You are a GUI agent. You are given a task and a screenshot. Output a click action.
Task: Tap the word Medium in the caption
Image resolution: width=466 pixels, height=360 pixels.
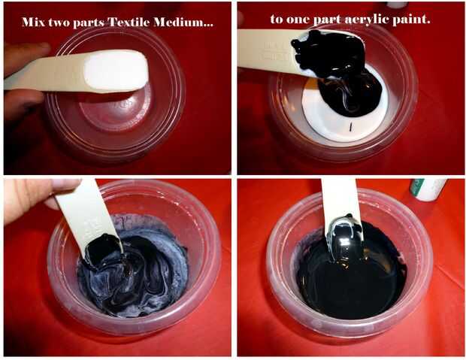click(183, 22)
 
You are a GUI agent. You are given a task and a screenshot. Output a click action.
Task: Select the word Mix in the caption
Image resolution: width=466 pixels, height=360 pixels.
click(32, 22)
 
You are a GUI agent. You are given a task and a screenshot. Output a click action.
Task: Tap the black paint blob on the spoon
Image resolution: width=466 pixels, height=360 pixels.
click(329, 53)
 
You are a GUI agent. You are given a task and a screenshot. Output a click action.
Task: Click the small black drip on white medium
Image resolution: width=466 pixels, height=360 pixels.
click(351, 126)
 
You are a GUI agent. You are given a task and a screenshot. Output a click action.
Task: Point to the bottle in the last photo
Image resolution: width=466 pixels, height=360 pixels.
click(428, 189)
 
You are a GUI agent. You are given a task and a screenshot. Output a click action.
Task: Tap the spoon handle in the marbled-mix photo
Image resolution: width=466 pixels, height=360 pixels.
click(86, 214)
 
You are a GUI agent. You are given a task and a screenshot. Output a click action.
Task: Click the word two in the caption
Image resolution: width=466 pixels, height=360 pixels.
click(59, 22)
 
